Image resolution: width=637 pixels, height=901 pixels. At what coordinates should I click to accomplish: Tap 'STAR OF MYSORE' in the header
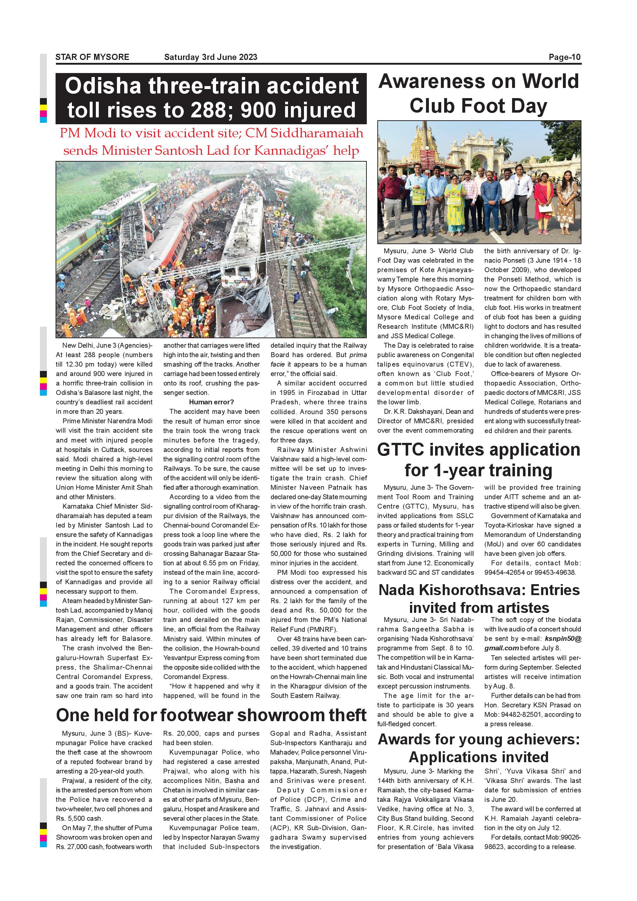click(x=92, y=57)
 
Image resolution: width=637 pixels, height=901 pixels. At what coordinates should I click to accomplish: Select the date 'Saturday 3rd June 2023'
click(x=211, y=57)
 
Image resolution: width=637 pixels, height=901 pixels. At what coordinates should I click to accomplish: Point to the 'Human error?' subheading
click(x=211, y=402)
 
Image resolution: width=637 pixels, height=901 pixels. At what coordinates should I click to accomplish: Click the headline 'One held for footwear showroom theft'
click(x=211, y=715)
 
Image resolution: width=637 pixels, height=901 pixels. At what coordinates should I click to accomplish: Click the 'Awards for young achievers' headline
click(x=479, y=740)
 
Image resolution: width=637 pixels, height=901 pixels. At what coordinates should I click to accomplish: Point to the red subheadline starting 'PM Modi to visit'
click(x=211, y=142)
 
